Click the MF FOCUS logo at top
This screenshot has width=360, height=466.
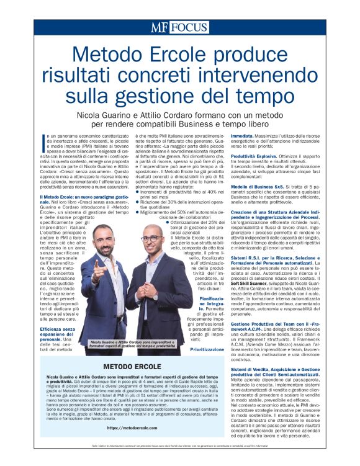click(x=180, y=27)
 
